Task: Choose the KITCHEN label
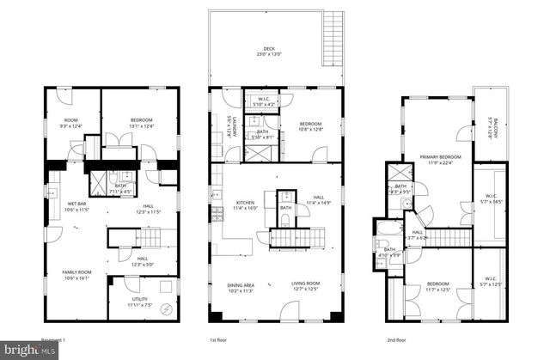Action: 247,204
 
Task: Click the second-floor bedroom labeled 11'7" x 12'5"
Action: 438,286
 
